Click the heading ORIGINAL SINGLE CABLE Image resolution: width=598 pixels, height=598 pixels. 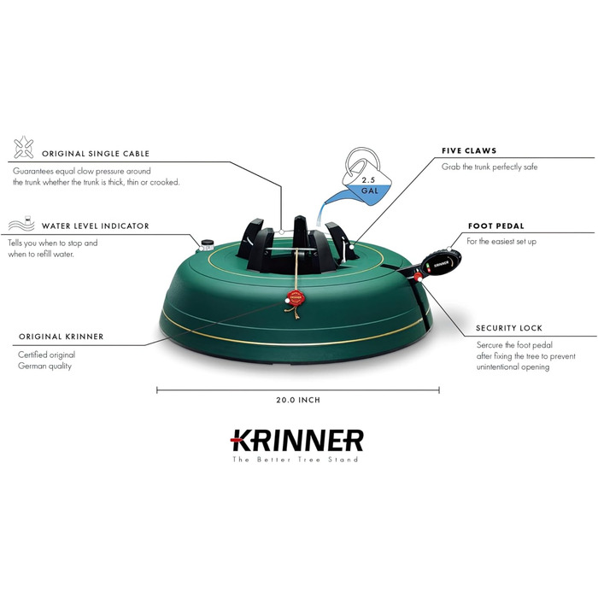coord(98,154)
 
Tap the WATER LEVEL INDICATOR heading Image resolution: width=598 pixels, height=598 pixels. coord(96,226)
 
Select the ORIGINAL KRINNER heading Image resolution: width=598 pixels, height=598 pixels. coord(61,337)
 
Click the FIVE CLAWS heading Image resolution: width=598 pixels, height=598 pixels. coord(469,150)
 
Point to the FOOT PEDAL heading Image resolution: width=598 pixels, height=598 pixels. coord(495,226)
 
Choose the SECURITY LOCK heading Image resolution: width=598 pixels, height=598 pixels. coord(508,328)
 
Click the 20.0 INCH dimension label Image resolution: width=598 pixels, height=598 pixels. coord(297,399)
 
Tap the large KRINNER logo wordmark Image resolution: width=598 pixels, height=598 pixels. coord(297,440)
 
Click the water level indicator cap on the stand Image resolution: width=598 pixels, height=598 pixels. coord(207,244)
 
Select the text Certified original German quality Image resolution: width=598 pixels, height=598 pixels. coord(47,361)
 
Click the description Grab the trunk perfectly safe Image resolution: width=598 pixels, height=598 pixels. coord(490,167)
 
